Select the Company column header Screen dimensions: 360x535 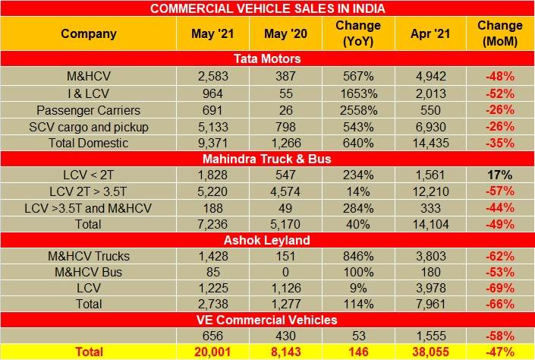(x=89, y=33)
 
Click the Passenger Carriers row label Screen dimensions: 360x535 (x=88, y=109)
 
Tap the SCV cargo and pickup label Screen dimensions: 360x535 (x=88, y=126)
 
